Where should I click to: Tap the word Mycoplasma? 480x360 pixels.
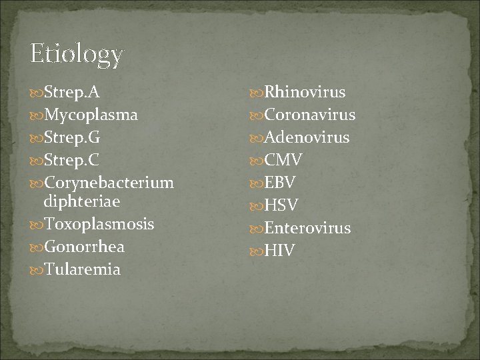91,115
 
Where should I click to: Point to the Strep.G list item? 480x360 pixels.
72,137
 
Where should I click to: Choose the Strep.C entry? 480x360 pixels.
72,160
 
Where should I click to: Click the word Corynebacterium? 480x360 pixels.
109,182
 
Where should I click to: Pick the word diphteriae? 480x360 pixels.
81,201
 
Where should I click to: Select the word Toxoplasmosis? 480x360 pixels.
99,224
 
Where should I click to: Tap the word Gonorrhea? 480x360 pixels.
84,247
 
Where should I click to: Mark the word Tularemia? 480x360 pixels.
82,269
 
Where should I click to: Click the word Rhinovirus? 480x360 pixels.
305,92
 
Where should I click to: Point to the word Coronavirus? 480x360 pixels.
310,115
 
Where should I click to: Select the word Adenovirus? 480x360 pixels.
307,137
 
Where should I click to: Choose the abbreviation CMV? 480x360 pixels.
283,160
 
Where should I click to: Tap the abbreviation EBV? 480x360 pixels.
280,183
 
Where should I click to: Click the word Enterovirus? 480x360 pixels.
307,228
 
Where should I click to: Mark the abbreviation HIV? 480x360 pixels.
279,251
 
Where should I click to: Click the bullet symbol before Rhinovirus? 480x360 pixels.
257,92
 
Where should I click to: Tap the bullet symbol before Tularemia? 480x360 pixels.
36,270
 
